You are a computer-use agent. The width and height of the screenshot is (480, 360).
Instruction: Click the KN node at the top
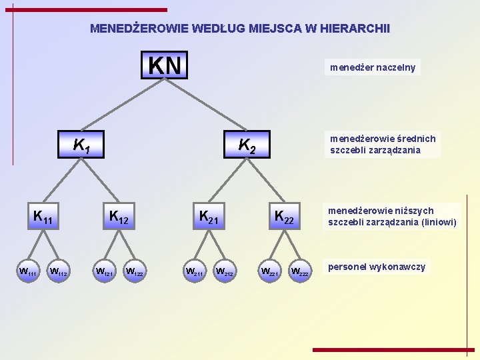click(x=165, y=65)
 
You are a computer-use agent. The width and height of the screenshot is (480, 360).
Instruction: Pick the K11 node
click(x=43, y=217)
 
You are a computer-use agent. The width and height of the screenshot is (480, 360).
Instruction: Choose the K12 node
click(x=119, y=217)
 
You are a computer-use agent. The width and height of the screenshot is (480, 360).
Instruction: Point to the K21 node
click(x=209, y=217)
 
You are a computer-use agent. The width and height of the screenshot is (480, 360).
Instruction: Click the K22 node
click(x=284, y=217)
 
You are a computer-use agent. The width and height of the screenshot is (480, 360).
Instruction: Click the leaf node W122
click(x=135, y=271)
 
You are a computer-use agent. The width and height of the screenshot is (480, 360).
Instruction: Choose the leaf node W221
click(x=269, y=271)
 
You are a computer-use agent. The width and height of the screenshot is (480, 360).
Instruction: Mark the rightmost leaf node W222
click(x=299, y=271)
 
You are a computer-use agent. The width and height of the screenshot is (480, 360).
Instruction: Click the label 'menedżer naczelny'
click(x=371, y=67)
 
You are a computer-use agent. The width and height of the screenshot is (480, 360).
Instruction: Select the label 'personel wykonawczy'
click(x=376, y=267)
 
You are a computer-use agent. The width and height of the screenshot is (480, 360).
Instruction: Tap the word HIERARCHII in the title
click(x=355, y=29)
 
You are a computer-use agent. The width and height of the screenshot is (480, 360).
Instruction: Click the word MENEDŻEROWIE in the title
click(x=139, y=29)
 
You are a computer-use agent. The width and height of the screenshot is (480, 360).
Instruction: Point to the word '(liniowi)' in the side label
click(x=437, y=223)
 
